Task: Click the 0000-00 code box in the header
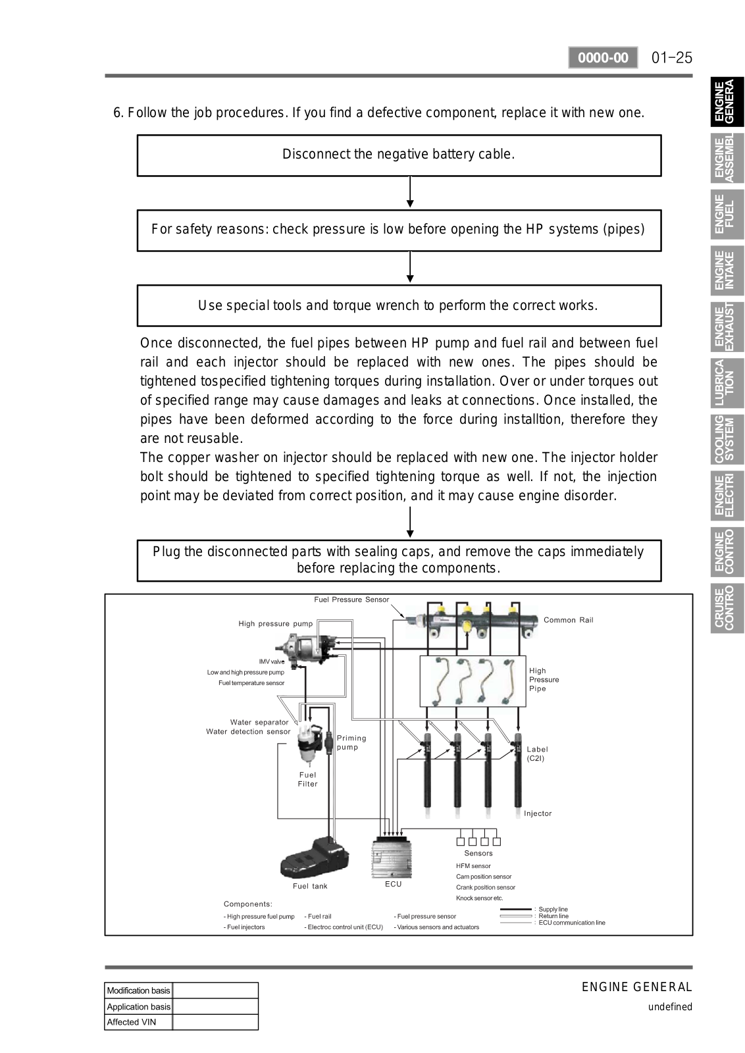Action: tap(603, 58)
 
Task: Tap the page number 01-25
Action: tap(672, 58)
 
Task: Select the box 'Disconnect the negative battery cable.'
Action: tap(399, 155)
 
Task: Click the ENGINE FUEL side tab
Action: tap(727, 214)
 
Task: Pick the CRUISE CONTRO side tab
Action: tap(727, 608)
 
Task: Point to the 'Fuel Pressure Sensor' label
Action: tap(351, 600)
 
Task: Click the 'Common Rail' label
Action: tap(568, 620)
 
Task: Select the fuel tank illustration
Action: tap(314, 856)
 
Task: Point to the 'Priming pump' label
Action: tap(351, 742)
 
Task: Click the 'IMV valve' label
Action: tap(272, 661)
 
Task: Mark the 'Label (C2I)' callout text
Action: tap(537, 754)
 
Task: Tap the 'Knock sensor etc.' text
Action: tap(479, 898)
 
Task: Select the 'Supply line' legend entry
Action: tap(553, 910)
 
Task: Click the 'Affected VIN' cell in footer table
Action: tap(138, 1022)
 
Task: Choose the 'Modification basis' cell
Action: tap(138, 990)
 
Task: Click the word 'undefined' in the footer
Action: tap(670, 1007)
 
